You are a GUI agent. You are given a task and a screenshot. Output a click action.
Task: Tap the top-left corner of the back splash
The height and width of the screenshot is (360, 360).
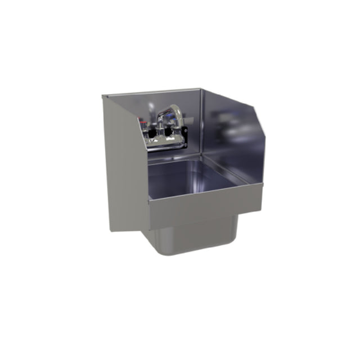point(103,96)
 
